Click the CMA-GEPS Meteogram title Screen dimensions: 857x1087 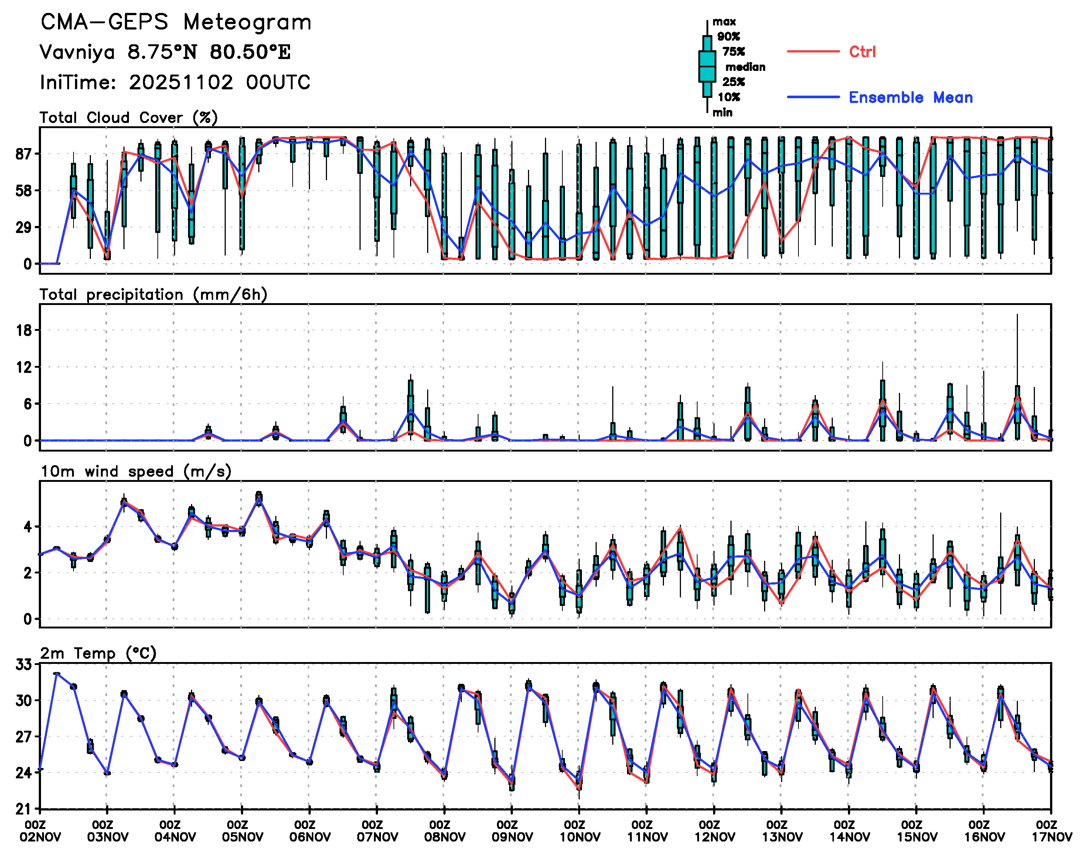pos(176,23)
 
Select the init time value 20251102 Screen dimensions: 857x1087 pos(181,82)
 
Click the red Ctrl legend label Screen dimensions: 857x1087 pos(862,52)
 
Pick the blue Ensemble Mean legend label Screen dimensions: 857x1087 pos(910,97)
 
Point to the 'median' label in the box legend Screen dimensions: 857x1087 pos(745,67)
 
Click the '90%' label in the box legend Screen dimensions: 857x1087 pos(729,36)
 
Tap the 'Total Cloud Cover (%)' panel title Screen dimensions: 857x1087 pos(129,117)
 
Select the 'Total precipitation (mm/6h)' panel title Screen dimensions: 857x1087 pos(153,295)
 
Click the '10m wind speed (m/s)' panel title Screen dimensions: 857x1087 pos(136,471)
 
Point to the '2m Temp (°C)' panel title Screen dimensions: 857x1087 pos(98,653)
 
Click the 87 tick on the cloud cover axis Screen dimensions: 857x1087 pos(24,154)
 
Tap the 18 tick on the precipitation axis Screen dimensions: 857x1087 pos(24,330)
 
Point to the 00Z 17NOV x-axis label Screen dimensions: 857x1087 pos(1052,832)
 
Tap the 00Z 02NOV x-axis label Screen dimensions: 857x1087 pos(40,832)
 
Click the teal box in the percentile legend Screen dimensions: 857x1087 pos(707,66)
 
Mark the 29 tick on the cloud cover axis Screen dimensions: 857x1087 pos(24,227)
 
